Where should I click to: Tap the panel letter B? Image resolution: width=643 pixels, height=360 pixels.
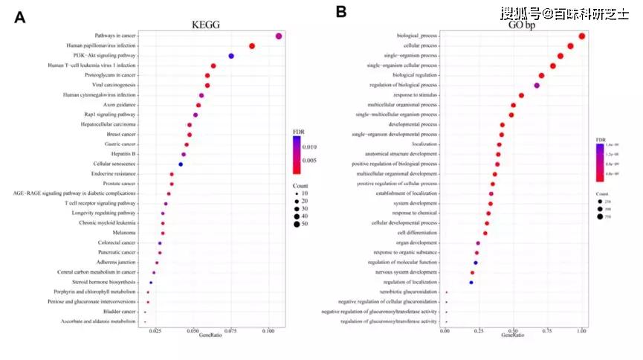pos(341,12)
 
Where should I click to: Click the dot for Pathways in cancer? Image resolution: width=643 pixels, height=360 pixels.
pos(279,36)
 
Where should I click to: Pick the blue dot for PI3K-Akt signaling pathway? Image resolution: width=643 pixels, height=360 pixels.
pos(231,56)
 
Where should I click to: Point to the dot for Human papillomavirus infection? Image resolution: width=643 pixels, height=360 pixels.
pos(252,46)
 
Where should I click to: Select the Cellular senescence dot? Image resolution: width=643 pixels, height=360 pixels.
pos(181,164)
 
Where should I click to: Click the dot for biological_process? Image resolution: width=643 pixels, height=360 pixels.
pos(582,36)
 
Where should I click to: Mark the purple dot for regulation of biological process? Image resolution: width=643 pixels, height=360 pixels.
pos(537,86)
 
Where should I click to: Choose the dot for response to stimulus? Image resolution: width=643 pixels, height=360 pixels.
pos(521,95)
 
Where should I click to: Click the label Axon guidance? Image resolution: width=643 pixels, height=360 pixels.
pos(119,105)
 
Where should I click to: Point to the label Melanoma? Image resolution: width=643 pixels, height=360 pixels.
pos(123,233)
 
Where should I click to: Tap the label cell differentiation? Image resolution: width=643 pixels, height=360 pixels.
pos(417,233)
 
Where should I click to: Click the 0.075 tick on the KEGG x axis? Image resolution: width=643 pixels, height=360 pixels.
pos(230,330)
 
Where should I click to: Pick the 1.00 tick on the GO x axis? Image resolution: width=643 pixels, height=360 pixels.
pos(581,330)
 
